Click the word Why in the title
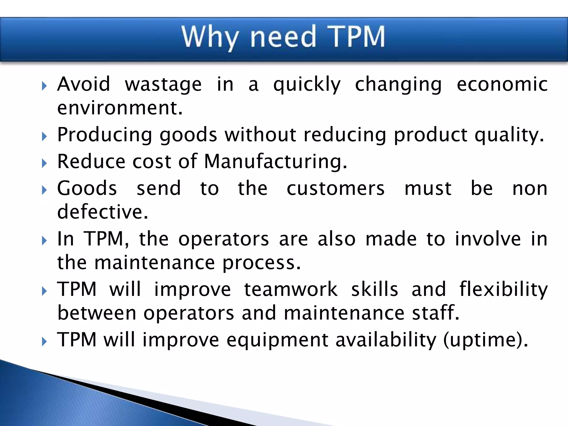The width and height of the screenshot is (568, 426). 210,37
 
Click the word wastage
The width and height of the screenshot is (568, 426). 163,85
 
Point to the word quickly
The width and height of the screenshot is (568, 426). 307,85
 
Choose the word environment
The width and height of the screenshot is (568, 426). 120,108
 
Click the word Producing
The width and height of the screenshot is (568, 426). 105,135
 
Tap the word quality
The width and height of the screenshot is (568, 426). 509,135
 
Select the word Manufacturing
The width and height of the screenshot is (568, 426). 275,162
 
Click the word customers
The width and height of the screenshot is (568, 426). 335,189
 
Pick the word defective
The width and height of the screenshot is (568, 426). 102,212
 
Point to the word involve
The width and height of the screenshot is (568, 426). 488,239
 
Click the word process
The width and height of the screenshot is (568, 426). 261,263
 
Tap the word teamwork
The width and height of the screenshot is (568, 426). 291,289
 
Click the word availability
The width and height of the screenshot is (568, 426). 386,340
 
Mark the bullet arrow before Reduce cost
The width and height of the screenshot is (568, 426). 44,163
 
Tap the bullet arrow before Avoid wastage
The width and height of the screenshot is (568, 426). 44,86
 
